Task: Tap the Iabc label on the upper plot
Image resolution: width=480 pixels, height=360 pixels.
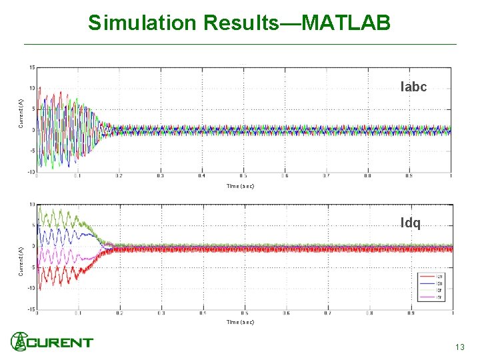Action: (413, 87)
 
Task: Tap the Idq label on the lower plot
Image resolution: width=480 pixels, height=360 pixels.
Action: (411, 223)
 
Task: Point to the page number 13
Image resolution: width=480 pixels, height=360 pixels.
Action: (459, 347)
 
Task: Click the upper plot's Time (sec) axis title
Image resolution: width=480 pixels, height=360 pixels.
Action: (240, 186)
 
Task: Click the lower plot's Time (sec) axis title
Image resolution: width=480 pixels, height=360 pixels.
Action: (240, 322)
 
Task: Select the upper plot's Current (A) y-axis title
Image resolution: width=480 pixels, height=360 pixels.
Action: (21, 113)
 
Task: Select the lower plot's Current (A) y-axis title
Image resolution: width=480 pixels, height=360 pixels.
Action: (21, 260)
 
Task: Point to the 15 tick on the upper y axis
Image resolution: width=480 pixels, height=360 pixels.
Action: (31, 67)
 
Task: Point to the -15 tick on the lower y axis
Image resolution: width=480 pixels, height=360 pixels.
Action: (31, 309)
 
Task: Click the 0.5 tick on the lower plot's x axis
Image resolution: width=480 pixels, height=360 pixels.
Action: (245, 313)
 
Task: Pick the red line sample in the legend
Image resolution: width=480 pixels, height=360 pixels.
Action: (428, 277)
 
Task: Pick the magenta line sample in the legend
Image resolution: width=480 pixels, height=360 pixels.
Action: (428, 297)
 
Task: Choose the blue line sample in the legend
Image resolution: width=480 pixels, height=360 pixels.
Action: (428, 283)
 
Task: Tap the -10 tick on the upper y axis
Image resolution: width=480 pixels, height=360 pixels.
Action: (31, 172)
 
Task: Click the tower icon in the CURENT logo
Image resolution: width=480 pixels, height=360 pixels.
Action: (19, 341)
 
